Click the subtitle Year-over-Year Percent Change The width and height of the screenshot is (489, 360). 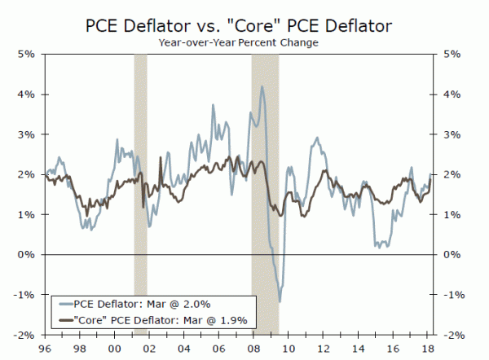tap(244, 42)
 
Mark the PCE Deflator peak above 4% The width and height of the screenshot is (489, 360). tap(262, 86)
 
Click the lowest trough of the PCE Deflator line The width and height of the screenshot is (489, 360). tap(280, 302)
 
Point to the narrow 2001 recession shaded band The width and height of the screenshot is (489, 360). tap(140, 195)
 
